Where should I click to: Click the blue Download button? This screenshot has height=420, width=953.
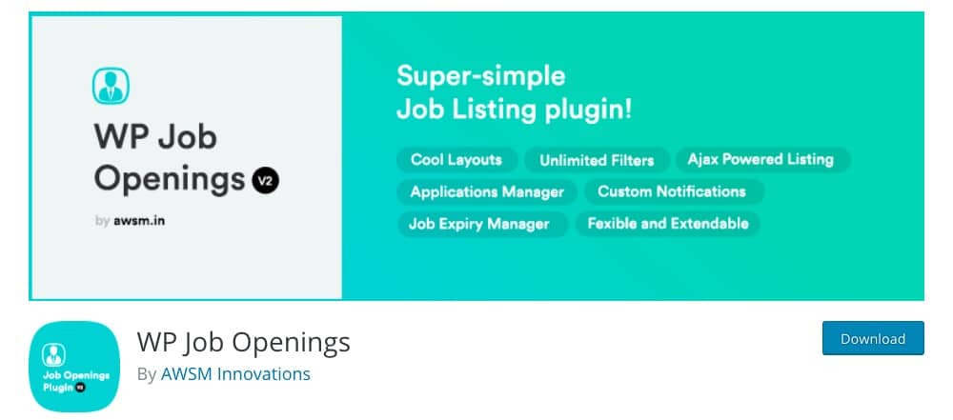tap(873, 338)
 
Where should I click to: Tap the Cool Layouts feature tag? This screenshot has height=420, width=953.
tap(456, 160)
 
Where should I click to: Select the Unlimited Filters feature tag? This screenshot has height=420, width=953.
tap(597, 160)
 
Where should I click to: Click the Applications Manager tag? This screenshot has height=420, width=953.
tap(487, 192)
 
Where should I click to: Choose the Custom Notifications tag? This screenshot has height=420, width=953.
tap(672, 191)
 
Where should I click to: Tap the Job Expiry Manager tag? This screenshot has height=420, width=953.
tap(479, 224)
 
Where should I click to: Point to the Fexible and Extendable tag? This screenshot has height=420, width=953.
tap(667, 224)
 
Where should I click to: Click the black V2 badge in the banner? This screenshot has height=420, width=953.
tap(266, 180)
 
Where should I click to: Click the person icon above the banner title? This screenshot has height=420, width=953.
tap(111, 86)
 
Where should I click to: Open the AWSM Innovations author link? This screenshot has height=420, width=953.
tap(235, 373)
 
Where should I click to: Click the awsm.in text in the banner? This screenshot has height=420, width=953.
tap(139, 221)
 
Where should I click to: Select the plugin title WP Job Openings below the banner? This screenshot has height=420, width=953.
tap(244, 342)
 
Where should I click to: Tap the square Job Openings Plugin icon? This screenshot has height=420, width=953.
tap(74, 367)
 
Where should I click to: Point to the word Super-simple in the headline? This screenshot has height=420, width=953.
tap(480, 76)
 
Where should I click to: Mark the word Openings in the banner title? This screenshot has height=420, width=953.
tap(170, 179)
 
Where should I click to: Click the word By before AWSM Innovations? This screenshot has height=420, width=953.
tap(147, 374)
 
